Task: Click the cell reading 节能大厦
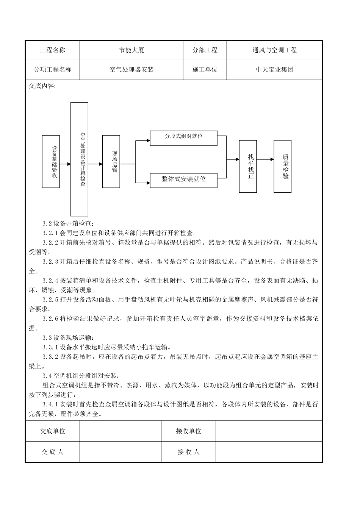tap(131, 50)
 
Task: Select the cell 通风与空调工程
tap(274, 50)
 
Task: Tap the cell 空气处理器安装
tap(131, 70)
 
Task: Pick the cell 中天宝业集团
tap(274, 70)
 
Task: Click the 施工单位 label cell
tap(205, 70)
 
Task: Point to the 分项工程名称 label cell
tap(52, 70)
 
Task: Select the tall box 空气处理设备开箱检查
tap(80, 159)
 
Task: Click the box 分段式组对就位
tap(184, 138)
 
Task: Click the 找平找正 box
tap(250, 166)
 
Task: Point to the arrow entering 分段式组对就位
tap(143, 141)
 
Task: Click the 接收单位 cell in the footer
tap(188, 431)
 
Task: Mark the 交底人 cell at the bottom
tap(52, 452)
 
